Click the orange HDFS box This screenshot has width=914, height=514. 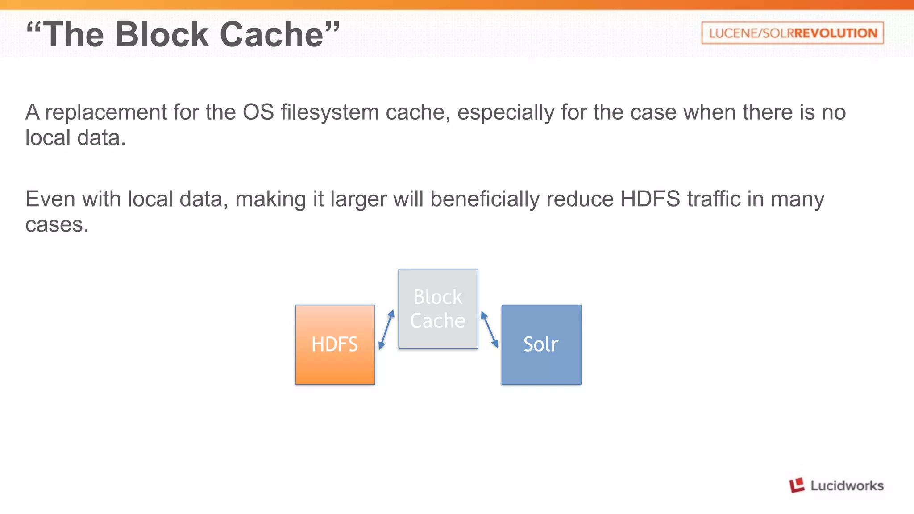pyautogui.click(x=335, y=344)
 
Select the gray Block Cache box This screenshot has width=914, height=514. pyautogui.click(x=438, y=309)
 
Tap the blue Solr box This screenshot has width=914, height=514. pyautogui.click(x=541, y=344)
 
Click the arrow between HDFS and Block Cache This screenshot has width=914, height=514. pyautogui.click(x=386, y=329)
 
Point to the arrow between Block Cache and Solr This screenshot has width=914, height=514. pyautogui.click(x=489, y=329)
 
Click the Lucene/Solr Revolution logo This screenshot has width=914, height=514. pyautogui.click(x=792, y=33)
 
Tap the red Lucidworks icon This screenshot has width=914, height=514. pyautogui.click(x=797, y=485)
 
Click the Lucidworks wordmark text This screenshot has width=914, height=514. pyautogui.click(x=847, y=485)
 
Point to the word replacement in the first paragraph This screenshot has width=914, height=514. pyautogui.click(x=106, y=112)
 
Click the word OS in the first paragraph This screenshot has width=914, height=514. pyautogui.click(x=258, y=112)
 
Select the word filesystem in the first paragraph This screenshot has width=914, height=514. pyautogui.click(x=330, y=112)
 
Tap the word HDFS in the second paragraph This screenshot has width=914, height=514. pyautogui.click(x=650, y=199)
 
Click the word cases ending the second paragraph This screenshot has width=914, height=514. pyautogui.click(x=56, y=225)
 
